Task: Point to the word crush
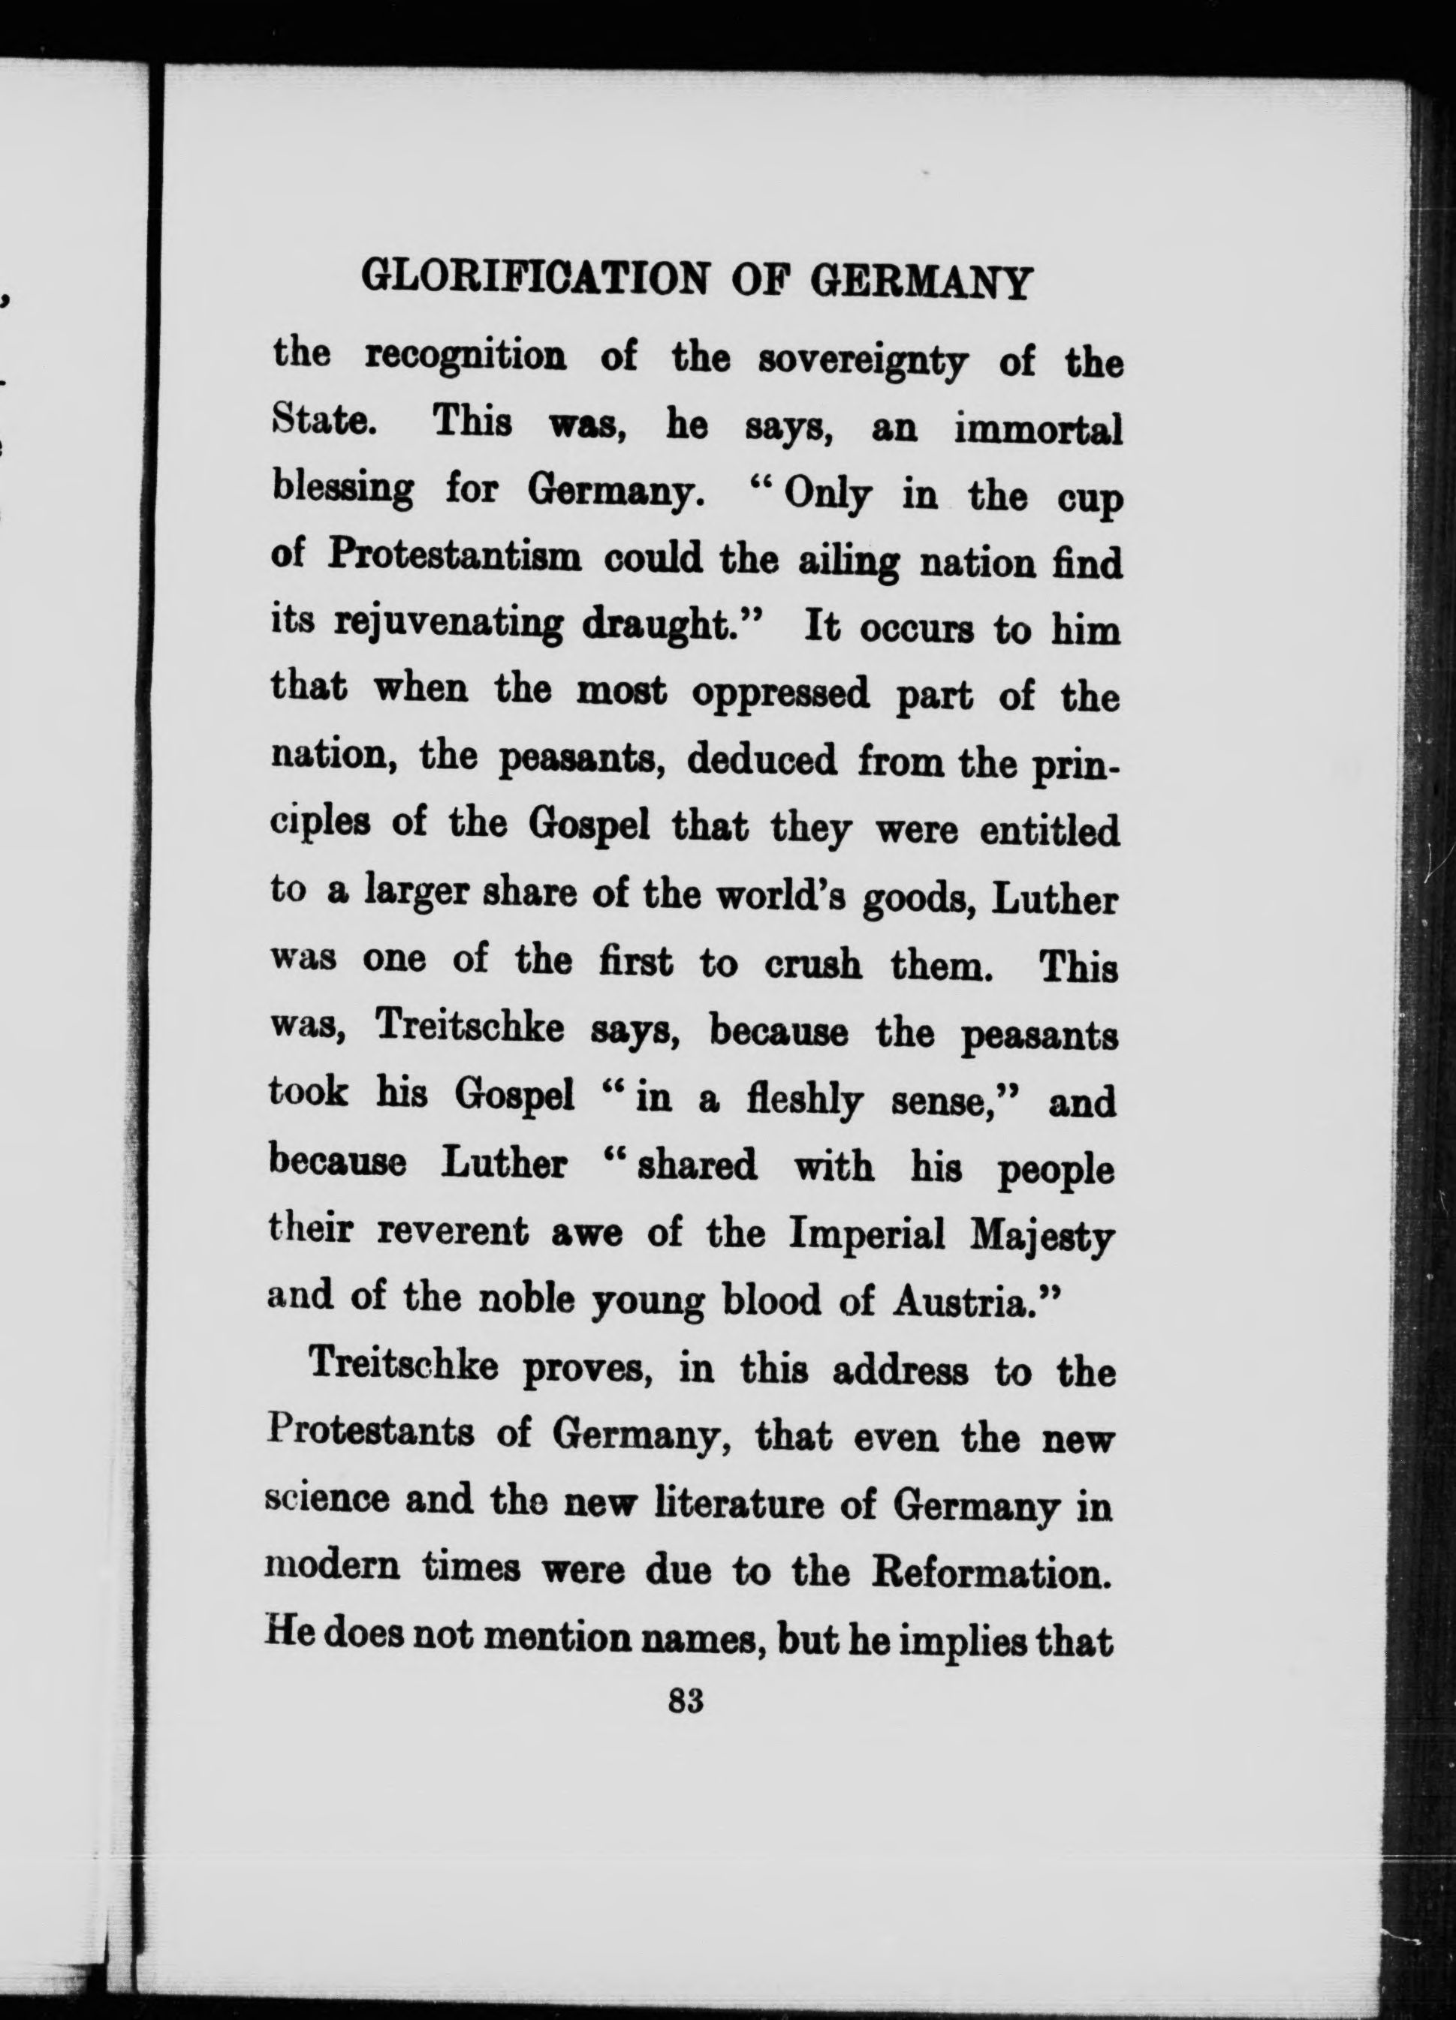(x=812, y=964)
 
